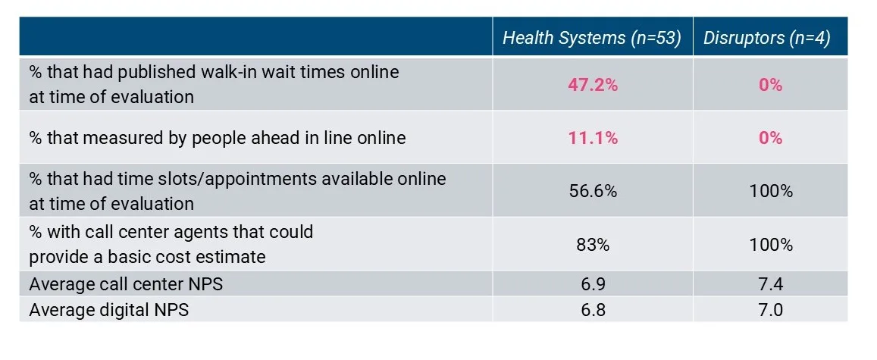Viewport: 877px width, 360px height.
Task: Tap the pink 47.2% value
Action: (593, 86)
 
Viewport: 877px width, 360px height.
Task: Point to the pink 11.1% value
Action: (593, 138)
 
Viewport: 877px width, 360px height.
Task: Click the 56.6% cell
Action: (593, 191)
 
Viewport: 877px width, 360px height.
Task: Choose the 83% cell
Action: (593, 245)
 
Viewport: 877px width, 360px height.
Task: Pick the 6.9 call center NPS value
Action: (593, 285)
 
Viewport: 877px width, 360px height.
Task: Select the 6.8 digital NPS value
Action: (593, 310)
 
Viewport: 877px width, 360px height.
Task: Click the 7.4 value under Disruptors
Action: (770, 285)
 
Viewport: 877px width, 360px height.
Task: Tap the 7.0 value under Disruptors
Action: (770, 310)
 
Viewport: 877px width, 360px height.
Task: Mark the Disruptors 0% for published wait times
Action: (770, 86)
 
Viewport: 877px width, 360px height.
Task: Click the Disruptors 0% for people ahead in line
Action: (770, 138)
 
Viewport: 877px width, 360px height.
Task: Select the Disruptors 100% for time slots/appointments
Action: (770, 191)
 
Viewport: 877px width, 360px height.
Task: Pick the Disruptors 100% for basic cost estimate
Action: (770, 245)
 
